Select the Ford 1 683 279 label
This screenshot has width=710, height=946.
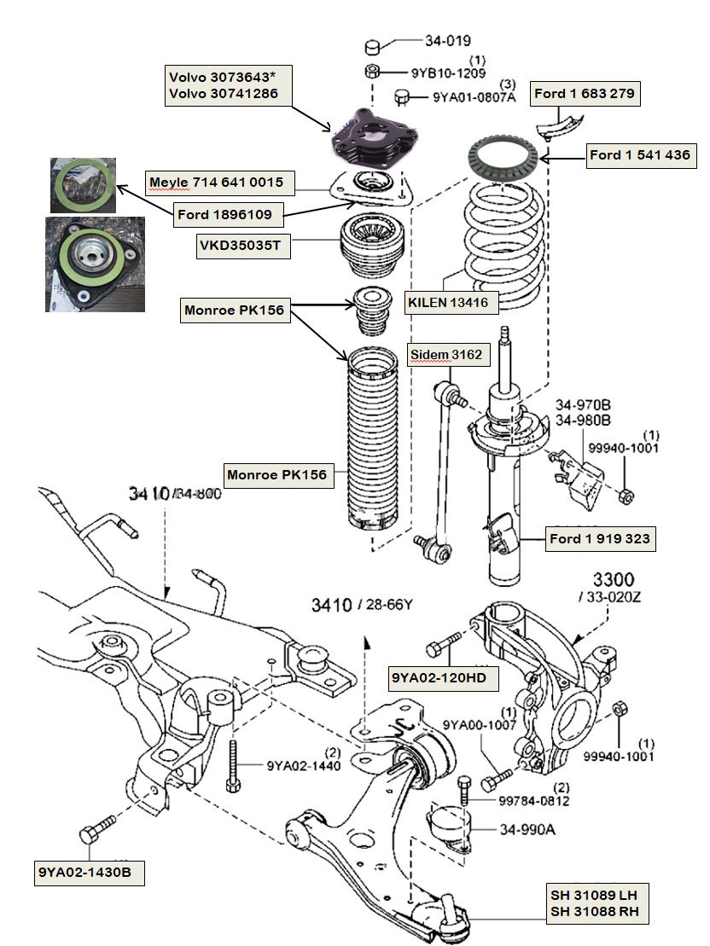pyautogui.click(x=584, y=94)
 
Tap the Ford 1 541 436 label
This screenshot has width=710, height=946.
pyautogui.click(x=639, y=155)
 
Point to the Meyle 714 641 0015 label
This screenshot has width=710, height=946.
pyautogui.click(x=216, y=182)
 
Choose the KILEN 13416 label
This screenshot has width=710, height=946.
pyautogui.click(x=451, y=301)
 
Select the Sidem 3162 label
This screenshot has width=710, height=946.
pyautogui.click(x=449, y=354)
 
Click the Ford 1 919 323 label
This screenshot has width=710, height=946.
pyautogui.click(x=600, y=538)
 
